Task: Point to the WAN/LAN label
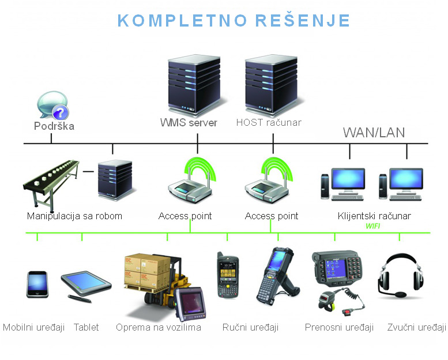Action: [374, 133]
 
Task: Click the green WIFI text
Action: [373, 226]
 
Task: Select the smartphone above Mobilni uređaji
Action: [37, 284]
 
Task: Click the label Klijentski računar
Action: [374, 216]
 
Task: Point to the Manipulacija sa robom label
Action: [74, 216]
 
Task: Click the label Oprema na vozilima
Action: [158, 328]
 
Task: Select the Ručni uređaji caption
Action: [250, 328]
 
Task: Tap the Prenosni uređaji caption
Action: [339, 328]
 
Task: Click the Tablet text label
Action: [86, 328]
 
